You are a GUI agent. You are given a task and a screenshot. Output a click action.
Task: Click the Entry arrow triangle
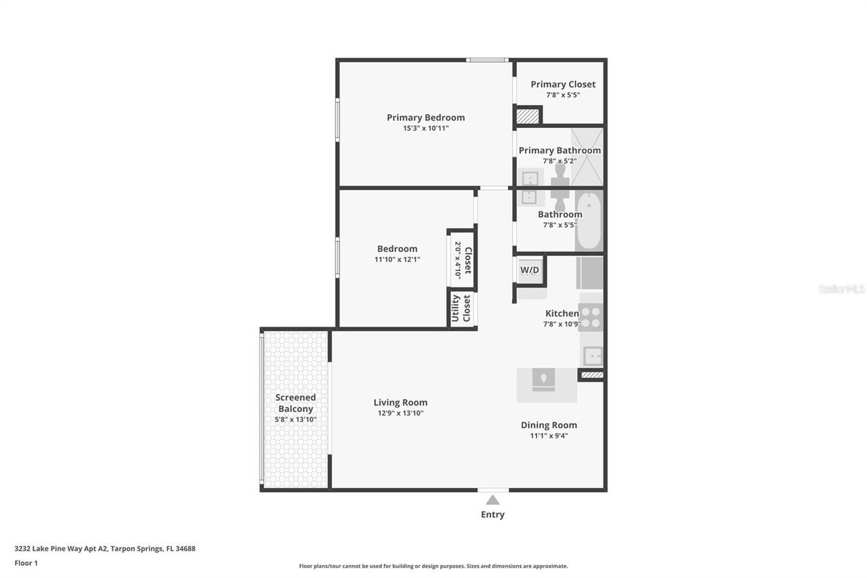coord(492,500)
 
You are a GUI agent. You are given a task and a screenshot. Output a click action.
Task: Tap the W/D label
coord(530,270)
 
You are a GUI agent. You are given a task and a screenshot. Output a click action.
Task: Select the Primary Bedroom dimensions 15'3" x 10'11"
coord(426,128)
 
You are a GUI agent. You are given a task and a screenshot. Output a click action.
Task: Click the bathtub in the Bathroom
coord(589,221)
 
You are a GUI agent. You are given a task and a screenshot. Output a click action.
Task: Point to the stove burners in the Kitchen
coord(591,317)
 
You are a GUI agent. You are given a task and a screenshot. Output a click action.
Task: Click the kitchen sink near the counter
coord(593,356)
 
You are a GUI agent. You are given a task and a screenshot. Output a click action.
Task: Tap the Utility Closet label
coord(461,308)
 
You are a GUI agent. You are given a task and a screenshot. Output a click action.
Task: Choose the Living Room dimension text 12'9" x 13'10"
coord(400,413)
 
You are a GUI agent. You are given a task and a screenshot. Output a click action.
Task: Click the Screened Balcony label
coord(296,403)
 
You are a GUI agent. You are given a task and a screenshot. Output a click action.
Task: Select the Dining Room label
coord(549,425)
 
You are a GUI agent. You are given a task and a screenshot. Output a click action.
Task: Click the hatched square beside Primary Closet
coord(528,117)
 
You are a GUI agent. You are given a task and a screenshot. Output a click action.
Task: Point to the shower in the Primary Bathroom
coord(587,157)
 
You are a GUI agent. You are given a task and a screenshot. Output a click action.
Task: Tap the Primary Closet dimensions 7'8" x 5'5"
coord(563,95)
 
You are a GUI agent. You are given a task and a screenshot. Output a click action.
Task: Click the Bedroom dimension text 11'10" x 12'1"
coord(397,260)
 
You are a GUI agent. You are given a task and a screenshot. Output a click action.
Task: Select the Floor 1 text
coord(26,563)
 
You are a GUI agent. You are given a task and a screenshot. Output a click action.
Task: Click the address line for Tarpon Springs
coord(105,549)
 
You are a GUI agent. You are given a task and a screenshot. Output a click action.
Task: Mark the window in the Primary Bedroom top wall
coord(487,60)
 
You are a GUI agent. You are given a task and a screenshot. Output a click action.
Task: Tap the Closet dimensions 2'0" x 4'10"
coord(457,260)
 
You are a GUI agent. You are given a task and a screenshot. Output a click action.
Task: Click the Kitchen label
coord(562,313)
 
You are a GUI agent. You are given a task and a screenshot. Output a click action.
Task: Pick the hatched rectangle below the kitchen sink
coord(592,375)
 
